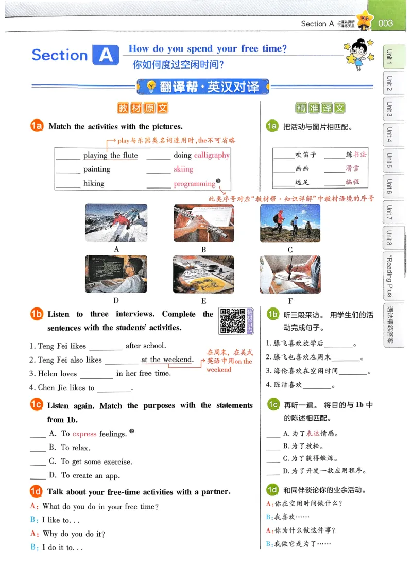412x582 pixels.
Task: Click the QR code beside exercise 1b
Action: [x=232, y=320]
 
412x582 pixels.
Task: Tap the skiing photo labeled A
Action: [x=116, y=223]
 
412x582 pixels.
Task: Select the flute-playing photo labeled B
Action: [x=203, y=223]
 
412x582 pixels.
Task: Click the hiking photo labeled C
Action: [x=290, y=223]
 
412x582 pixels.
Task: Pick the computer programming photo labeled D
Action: [x=116, y=274]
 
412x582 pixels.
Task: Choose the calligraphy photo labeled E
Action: [x=203, y=274]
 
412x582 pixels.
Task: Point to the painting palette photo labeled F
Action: [x=290, y=274]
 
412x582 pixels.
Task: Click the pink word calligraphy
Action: [x=212, y=155]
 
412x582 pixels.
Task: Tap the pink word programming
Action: [x=194, y=184]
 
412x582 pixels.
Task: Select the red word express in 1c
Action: [x=84, y=434]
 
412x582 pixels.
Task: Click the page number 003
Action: [x=385, y=23]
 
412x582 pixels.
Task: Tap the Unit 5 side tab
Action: [x=389, y=161]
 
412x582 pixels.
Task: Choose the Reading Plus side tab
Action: [x=389, y=276]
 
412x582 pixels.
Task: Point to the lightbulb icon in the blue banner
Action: [x=151, y=87]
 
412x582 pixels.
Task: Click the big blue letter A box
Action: [x=106, y=55]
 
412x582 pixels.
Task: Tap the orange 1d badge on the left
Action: [x=37, y=492]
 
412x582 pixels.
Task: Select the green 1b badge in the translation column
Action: [x=272, y=314]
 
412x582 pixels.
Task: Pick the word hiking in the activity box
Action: [x=94, y=184]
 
